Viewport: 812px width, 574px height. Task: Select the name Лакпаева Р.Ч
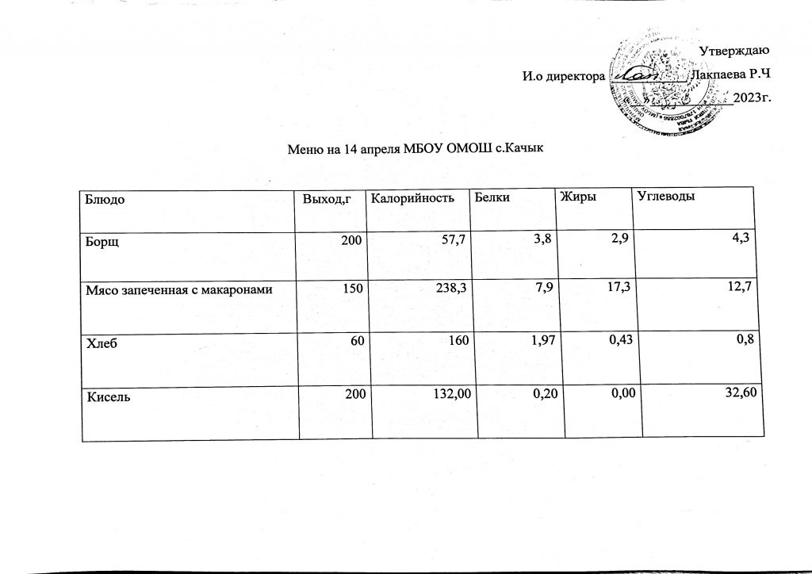pyautogui.click(x=731, y=75)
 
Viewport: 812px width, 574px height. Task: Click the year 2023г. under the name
pyautogui.click(x=754, y=98)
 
